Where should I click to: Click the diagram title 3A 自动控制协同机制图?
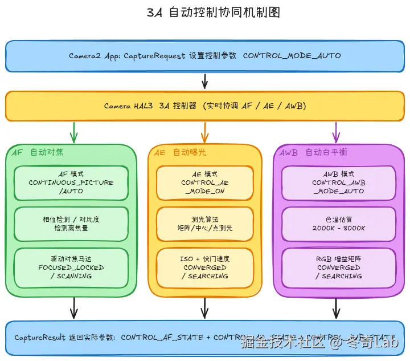(x=205, y=13)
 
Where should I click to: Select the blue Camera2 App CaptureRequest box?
(x=205, y=56)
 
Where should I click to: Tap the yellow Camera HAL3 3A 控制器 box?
(x=205, y=106)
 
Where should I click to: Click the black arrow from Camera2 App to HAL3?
(x=205, y=81)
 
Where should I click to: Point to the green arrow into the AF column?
(x=73, y=132)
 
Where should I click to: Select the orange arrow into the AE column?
(x=205, y=132)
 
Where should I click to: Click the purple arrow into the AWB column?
(x=336, y=132)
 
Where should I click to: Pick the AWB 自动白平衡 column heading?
(x=313, y=152)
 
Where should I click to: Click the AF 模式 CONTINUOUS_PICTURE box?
(x=71, y=182)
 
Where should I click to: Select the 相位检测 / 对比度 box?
(x=71, y=224)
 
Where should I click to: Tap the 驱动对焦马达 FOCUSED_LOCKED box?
(x=71, y=267)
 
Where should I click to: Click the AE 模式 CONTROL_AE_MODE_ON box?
(x=205, y=182)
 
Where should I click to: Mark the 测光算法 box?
(x=205, y=224)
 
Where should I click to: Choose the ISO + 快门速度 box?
(x=205, y=267)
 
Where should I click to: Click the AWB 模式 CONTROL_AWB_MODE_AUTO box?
(x=338, y=182)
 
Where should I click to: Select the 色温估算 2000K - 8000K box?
(x=338, y=224)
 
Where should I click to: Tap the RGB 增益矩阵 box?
(x=338, y=267)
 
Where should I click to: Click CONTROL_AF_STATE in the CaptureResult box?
(x=162, y=337)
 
